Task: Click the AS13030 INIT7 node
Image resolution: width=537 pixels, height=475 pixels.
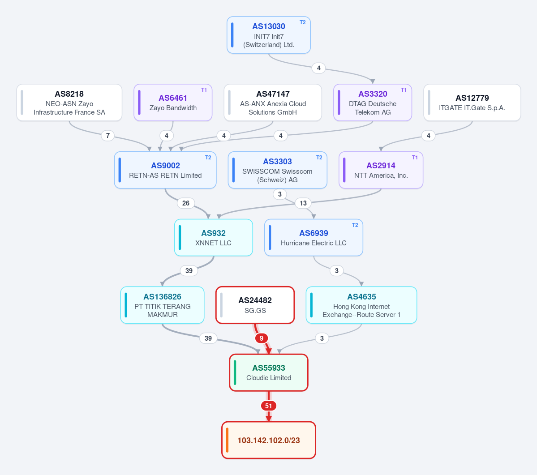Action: [x=269, y=35]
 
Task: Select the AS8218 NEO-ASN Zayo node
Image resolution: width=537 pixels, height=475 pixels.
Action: [x=69, y=103]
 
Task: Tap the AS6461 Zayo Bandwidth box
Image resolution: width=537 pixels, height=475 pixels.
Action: [x=173, y=103]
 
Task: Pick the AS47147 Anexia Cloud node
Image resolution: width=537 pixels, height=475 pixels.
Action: [x=273, y=103]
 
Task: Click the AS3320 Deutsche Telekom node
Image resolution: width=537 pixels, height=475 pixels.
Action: [x=373, y=103]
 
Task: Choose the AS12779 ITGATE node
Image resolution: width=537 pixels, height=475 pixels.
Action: [x=472, y=103]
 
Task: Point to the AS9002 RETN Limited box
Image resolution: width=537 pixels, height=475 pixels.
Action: [x=165, y=170]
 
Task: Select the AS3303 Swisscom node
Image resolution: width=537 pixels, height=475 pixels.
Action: [x=277, y=170]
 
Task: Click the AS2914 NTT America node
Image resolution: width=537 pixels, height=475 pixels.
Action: [x=381, y=170]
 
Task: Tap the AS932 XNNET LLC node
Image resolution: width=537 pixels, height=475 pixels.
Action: [x=213, y=237]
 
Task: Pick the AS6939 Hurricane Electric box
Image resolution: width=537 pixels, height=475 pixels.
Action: [x=314, y=237]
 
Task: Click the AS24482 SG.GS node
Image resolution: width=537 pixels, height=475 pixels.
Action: [x=255, y=305]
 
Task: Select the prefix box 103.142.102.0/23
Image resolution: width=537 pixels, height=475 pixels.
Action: [x=269, y=440]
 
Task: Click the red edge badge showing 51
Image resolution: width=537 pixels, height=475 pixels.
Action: [x=269, y=406]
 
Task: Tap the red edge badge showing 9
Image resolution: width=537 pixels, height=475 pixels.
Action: [x=261, y=338]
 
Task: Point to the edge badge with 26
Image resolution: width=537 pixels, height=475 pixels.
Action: [x=185, y=203]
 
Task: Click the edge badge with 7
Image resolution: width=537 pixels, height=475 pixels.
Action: [x=108, y=136]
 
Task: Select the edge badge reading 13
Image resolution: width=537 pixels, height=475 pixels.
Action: [x=303, y=203]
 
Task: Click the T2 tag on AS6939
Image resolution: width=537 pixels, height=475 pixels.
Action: [x=355, y=225]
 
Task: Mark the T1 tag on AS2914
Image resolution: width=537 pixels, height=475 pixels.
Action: [x=415, y=158]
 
